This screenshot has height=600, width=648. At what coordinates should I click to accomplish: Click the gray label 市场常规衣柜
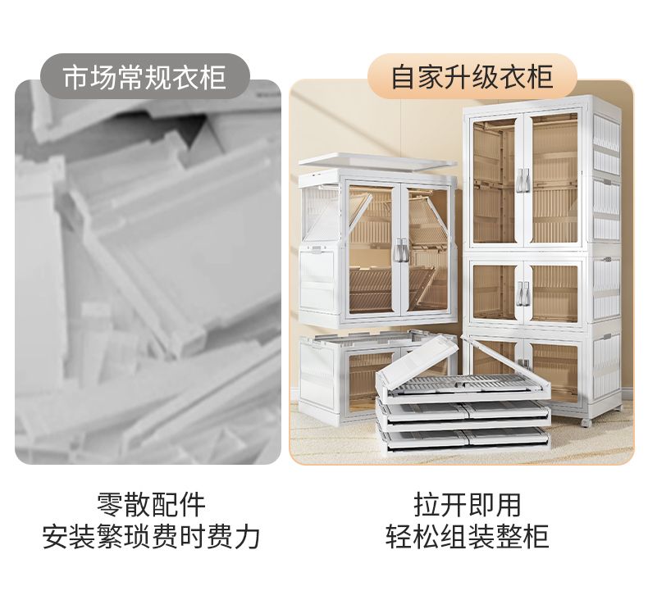[144, 76]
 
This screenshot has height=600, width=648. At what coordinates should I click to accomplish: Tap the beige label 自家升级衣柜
[472, 76]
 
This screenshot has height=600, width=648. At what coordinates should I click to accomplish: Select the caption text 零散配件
[151, 504]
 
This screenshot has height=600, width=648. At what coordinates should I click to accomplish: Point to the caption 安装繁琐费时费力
[151, 537]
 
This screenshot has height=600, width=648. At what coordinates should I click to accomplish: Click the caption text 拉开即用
[468, 504]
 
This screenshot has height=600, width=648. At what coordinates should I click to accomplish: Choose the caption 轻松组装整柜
[468, 537]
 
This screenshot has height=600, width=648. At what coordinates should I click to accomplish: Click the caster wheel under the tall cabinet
[586, 422]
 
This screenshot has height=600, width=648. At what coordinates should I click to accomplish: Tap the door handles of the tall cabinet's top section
[524, 180]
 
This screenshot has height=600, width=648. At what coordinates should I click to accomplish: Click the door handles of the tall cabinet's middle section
[524, 293]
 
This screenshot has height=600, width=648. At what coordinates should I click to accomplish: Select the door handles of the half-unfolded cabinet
[400, 249]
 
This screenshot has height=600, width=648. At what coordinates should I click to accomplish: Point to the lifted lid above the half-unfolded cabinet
[377, 160]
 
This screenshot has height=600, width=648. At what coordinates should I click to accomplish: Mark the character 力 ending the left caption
[247, 537]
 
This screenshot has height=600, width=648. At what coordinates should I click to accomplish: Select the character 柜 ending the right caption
[536, 537]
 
